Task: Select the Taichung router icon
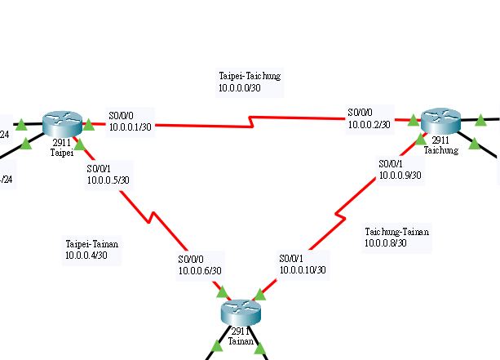click(x=440, y=121)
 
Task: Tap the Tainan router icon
click(x=240, y=311)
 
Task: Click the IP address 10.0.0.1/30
click(x=131, y=126)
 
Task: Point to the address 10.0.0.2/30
click(x=369, y=124)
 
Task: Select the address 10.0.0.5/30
click(x=108, y=180)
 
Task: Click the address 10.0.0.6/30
click(x=201, y=270)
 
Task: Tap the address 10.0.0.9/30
click(x=400, y=175)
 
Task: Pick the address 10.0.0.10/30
click(x=303, y=269)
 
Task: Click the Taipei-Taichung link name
click(x=250, y=76)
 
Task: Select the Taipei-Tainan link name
click(x=92, y=244)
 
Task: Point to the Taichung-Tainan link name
click(x=396, y=232)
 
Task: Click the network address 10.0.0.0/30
click(x=240, y=87)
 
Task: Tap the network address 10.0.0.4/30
click(x=86, y=256)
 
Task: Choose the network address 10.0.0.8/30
click(x=386, y=242)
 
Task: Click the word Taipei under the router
click(x=62, y=152)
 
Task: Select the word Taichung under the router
click(x=440, y=149)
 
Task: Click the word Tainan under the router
click(x=240, y=341)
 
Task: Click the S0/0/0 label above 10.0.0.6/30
click(x=192, y=260)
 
